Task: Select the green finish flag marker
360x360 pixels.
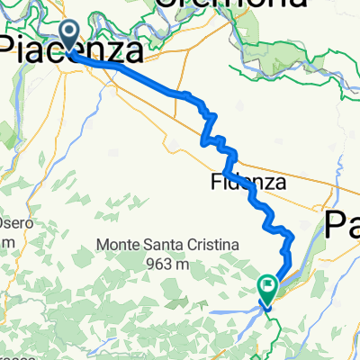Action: coord(267,288)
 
